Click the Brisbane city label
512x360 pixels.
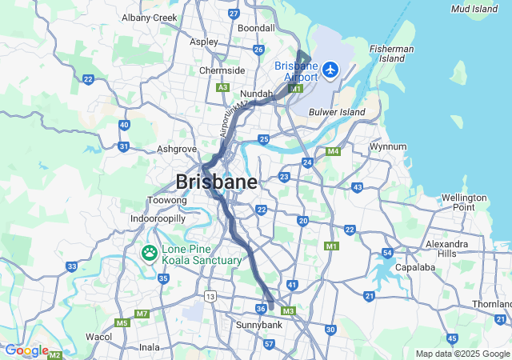click(x=217, y=182)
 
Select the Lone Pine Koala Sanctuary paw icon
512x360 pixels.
click(x=150, y=254)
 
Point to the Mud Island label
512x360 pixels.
click(x=474, y=9)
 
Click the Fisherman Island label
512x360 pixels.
click(x=391, y=54)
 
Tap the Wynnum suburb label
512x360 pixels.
click(x=388, y=146)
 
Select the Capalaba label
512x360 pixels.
click(x=414, y=268)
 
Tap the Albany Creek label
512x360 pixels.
click(x=149, y=17)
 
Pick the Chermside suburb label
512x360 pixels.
click(x=222, y=70)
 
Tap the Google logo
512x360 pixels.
click(x=26, y=350)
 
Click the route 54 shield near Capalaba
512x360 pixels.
click(x=386, y=253)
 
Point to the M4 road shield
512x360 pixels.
click(x=333, y=151)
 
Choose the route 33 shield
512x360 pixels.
click(x=72, y=266)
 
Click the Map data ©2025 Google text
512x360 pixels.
click(x=462, y=354)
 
